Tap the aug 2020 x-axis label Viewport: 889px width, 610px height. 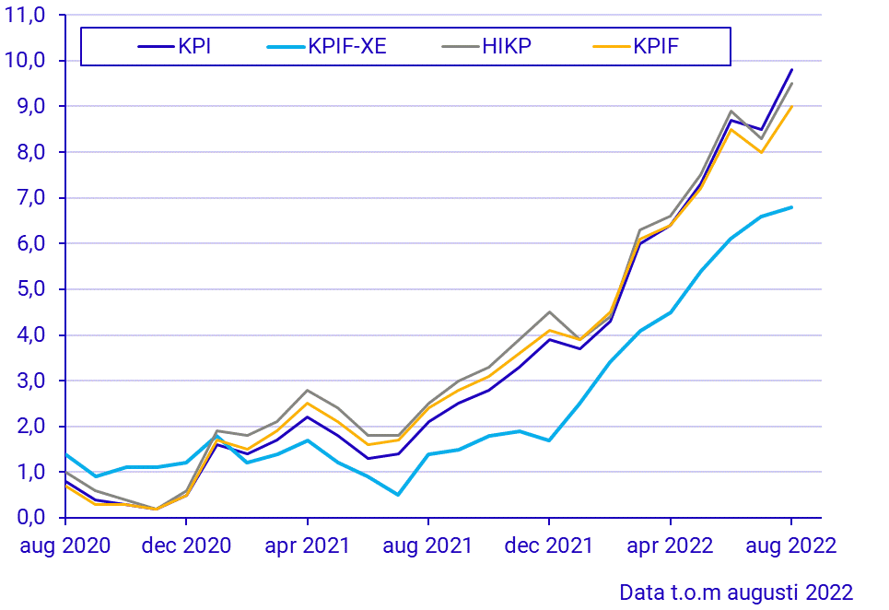click(64, 545)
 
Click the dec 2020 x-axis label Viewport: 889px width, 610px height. click(186, 545)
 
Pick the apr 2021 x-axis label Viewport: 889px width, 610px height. click(307, 545)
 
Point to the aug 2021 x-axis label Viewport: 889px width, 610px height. click(427, 545)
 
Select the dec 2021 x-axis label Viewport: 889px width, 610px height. click(549, 545)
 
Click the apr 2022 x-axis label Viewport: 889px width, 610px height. click(670, 545)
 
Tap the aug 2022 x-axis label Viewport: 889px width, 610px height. click(790, 545)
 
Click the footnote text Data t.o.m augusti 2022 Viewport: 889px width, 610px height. click(736, 591)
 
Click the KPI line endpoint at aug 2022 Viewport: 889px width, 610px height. click(791, 70)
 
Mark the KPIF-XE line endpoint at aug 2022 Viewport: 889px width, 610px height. click(791, 207)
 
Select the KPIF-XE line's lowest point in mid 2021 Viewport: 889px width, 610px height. click(398, 495)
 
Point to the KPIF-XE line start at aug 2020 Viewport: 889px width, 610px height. click(65, 454)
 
